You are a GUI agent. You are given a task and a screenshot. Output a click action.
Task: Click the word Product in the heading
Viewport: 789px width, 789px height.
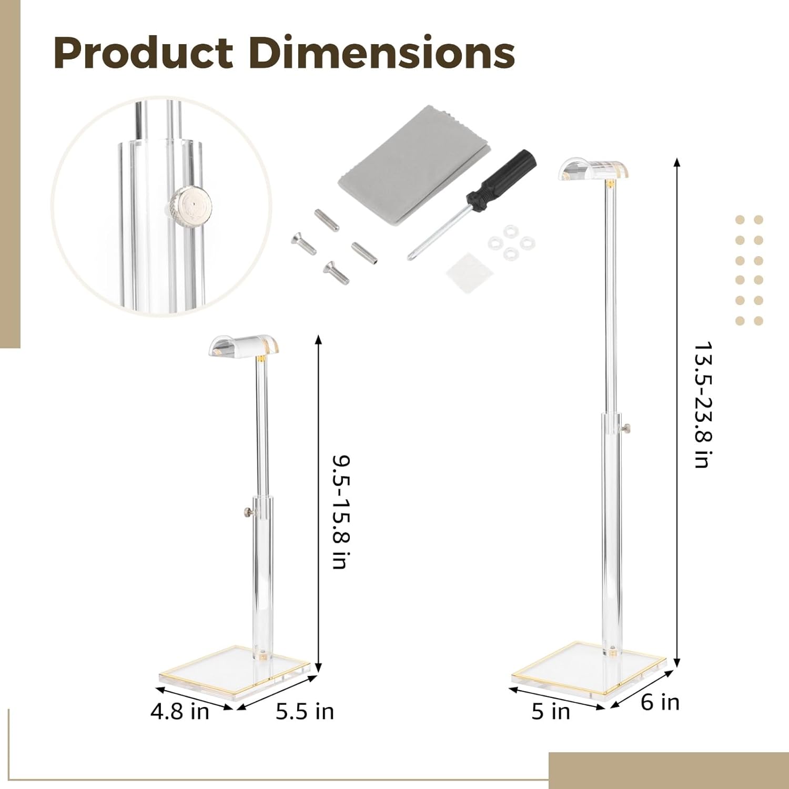click(143, 53)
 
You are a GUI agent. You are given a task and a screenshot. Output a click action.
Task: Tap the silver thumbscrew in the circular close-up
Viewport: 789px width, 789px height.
click(190, 203)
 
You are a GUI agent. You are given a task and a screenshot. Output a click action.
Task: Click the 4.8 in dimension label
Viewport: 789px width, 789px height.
click(179, 712)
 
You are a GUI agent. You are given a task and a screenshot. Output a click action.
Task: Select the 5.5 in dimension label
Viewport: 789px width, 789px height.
click(305, 711)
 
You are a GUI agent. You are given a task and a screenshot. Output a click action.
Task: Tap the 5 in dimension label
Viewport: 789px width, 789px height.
click(550, 711)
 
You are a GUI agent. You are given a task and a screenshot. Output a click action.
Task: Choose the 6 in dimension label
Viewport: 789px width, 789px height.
click(660, 702)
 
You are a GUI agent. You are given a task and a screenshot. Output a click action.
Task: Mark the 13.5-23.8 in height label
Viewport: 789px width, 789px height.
click(702, 405)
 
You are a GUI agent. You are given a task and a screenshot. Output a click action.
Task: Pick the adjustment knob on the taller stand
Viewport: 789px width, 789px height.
click(627, 430)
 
